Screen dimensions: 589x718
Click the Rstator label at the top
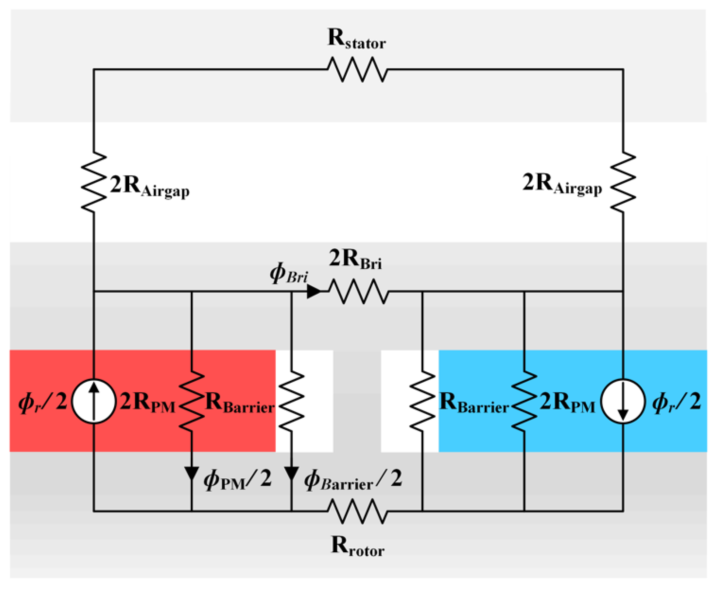click(x=356, y=39)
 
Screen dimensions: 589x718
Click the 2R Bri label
click(x=355, y=260)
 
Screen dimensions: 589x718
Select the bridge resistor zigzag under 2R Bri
click(x=358, y=292)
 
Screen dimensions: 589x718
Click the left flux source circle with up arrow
click(x=94, y=401)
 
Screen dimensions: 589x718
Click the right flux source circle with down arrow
click(x=623, y=401)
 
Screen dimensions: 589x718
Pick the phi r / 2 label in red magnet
click(x=42, y=402)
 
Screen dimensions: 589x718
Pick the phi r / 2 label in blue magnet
click(x=676, y=402)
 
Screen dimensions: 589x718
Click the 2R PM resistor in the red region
click(x=191, y=401)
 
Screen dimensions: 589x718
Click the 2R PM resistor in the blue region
click(x=524, y=401)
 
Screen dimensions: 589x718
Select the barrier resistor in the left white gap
click(x=292, y=401)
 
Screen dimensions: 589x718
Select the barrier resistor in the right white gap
click(x=422, y=401)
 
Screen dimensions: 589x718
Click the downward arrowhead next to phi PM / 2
click(x=191, y=473)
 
